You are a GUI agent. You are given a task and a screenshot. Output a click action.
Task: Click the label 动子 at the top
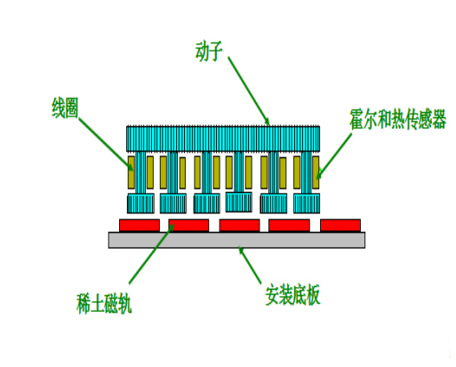[209, 52]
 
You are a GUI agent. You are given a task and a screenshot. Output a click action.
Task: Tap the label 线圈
[65, 108]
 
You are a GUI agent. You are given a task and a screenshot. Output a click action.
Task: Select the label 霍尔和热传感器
[397, 119]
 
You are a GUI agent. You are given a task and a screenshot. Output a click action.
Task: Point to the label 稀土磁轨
[104, 303]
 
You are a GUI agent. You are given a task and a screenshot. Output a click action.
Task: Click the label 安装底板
[292, 295]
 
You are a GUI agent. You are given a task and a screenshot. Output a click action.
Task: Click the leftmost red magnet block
[140, 226]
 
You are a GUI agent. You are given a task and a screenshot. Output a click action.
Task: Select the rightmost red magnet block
[340, 226]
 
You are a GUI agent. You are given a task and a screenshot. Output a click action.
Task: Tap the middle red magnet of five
[239, 226]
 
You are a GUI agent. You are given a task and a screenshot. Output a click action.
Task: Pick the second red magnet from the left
[188, 226]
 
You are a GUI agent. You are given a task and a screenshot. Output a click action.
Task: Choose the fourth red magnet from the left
[289, 226]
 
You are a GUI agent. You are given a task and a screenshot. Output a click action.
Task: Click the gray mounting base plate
[236, 240]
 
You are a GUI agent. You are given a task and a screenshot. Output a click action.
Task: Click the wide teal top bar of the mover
[223, 139]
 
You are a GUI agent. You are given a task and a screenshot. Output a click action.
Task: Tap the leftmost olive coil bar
[132, 172]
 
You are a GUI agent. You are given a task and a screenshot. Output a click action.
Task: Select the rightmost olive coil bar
[316, 172]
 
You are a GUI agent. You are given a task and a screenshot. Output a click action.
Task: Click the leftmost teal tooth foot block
[140, 203]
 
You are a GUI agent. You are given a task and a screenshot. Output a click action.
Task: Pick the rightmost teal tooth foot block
[307, 203]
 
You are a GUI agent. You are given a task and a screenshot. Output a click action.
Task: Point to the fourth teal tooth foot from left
[239, 202]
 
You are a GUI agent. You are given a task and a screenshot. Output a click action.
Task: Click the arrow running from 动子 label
[249, 91]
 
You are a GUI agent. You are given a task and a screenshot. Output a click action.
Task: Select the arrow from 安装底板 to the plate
[250, 266]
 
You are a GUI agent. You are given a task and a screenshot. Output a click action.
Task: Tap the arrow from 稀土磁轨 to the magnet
[151, 254]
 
